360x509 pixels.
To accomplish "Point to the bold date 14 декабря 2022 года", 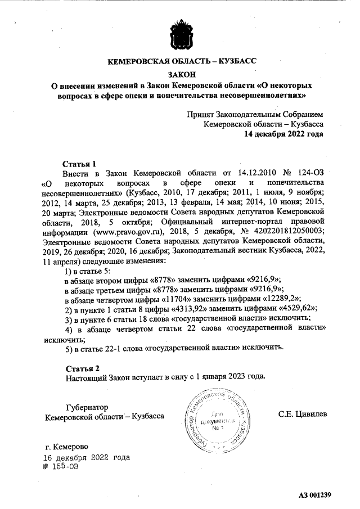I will click(x=283, y=134).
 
